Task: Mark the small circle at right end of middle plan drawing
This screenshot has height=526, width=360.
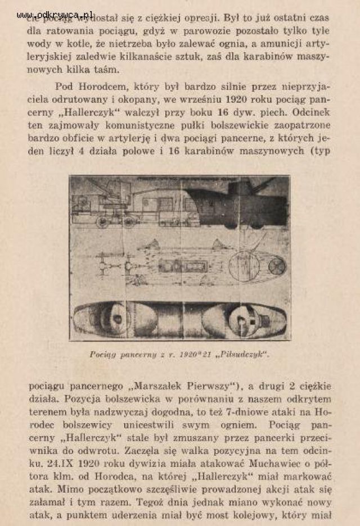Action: click(277, 265)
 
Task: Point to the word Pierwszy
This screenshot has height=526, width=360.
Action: click(211, 387)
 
